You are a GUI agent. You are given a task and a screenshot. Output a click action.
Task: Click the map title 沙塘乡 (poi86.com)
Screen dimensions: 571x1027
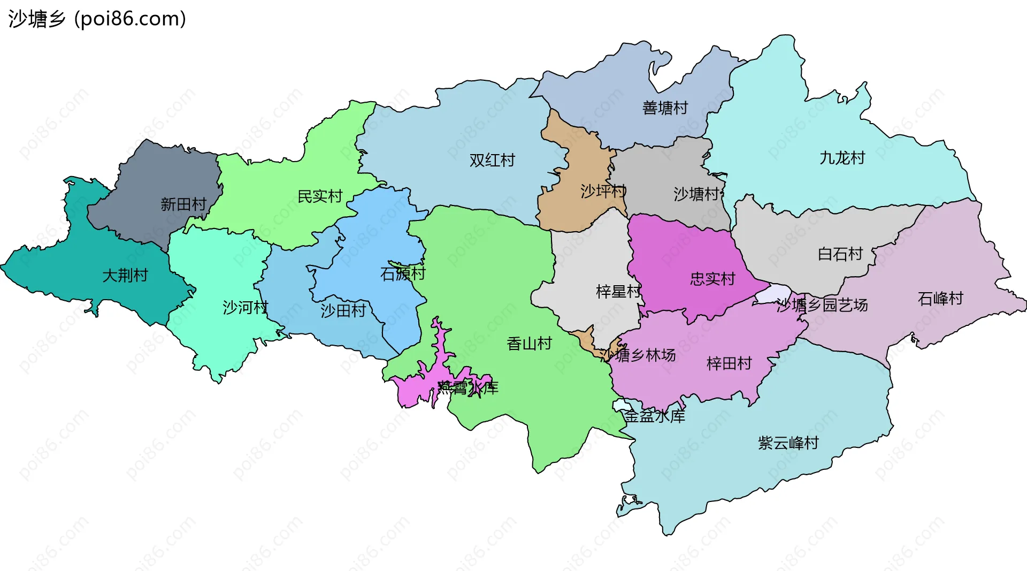pyautogui.click(x=97, y=19)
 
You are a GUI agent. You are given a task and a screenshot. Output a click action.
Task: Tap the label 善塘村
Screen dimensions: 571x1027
pyautogui.click(x=665, y=108)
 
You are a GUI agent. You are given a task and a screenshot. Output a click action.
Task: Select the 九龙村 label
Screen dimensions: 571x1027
pyautogui.click(x=842, y=158)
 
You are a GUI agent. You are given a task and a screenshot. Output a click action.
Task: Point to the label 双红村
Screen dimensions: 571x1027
pyautogui.click(x=492, y=160)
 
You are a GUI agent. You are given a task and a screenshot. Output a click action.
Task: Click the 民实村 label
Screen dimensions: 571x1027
pyautogui.click(x=320, y=196)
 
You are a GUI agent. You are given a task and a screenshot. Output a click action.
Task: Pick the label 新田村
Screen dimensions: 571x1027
pyautogui.click(x=183, y=204)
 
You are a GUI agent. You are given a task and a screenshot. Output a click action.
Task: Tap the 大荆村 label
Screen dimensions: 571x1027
pyautogui.click(x=125, y=275)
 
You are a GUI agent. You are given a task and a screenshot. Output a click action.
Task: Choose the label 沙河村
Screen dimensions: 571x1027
pyautogui.click(x=245, y=307)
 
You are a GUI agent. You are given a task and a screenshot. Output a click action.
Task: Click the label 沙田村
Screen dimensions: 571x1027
pyautogui.click(x=343, y=310)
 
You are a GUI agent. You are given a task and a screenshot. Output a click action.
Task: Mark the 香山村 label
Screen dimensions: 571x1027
pyautogui.click(x=529, y=344)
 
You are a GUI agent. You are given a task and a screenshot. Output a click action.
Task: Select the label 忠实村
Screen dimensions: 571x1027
pyautogui.click(x=712, y=279)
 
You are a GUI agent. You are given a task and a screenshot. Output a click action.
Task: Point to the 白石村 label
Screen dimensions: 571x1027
pyautogui.click(x=840, y=254)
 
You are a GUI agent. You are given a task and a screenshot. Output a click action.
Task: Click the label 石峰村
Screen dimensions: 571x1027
pyautogui.click(x=940, y=298)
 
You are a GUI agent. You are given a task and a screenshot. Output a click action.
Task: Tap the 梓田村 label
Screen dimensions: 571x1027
pyautogui.click(x=729, y=364)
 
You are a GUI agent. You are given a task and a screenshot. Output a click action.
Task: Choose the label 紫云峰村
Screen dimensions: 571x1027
pyautogui.click(x=788, y=443)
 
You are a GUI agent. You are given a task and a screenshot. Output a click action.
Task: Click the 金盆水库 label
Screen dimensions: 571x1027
pyautogui.click(x=654, y=416)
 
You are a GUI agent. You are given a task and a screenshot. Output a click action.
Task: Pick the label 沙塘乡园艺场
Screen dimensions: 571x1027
pyautogui.click(x=822, y=305)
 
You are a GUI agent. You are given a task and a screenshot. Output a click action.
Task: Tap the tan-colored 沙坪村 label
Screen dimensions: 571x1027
pyautogui.click(x=603, y=191)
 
